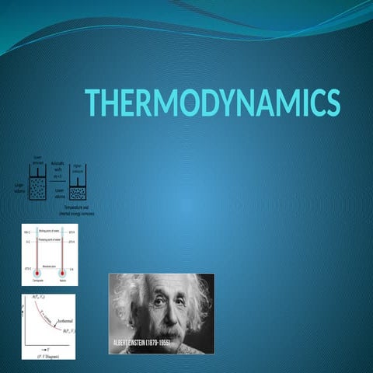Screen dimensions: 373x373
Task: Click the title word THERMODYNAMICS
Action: (x=212, y=103)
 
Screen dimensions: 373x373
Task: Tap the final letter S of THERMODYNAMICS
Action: (x=333, y=103)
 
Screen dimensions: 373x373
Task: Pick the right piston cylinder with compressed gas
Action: (x=78, y=191)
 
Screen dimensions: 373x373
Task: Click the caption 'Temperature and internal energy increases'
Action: (x=78, y=211)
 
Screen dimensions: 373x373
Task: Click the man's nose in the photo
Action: (x=163, y=316)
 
